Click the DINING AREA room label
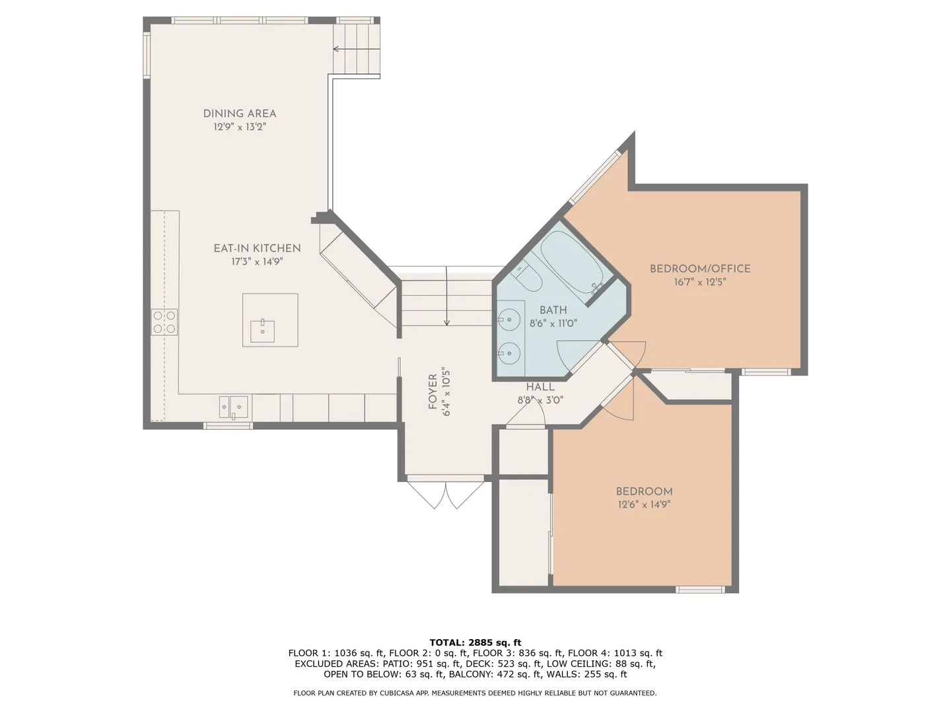240,114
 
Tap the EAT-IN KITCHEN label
257,248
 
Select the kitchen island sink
263,331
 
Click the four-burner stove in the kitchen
164,322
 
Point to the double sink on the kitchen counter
234,407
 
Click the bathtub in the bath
571,262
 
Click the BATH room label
553,310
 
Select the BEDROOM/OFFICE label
700,269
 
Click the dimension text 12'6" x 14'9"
645,504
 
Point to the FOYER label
433,391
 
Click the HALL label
540,387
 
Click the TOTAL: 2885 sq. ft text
475,642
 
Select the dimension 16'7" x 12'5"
700,282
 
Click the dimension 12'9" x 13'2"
240,127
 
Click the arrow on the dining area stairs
357,49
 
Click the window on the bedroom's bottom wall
700,589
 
